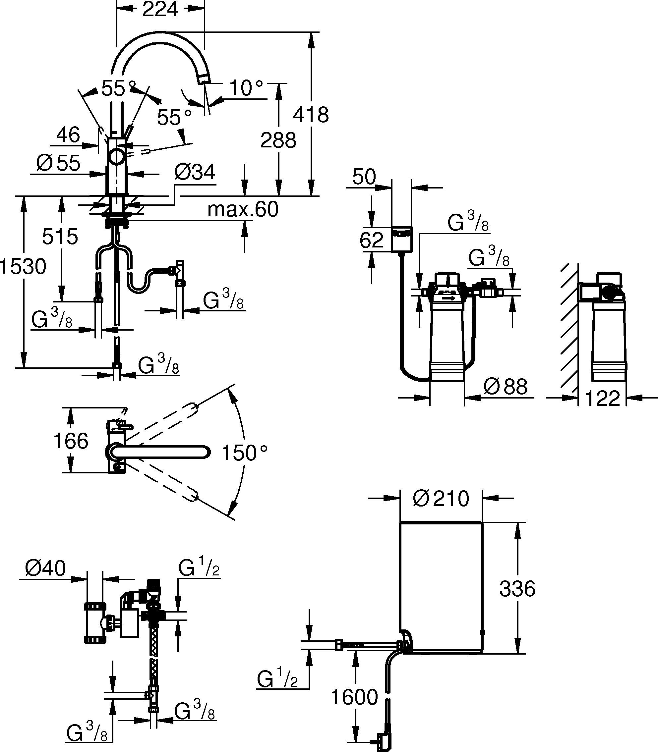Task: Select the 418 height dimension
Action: pos(311,115)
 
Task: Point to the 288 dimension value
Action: pos(278,140)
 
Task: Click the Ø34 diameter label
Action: pos(194,173)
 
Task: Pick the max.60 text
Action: pos(243,210)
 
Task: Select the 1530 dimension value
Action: pos(23,266)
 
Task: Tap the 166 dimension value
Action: pos(71,441)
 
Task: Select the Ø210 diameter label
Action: pos(441,499)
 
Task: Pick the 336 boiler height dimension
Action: pos(517,589)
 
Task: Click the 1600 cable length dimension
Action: pos(354,697)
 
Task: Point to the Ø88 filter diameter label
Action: pos(505,387)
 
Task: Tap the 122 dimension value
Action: pos(603,399)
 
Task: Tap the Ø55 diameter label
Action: pos(58,163)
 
